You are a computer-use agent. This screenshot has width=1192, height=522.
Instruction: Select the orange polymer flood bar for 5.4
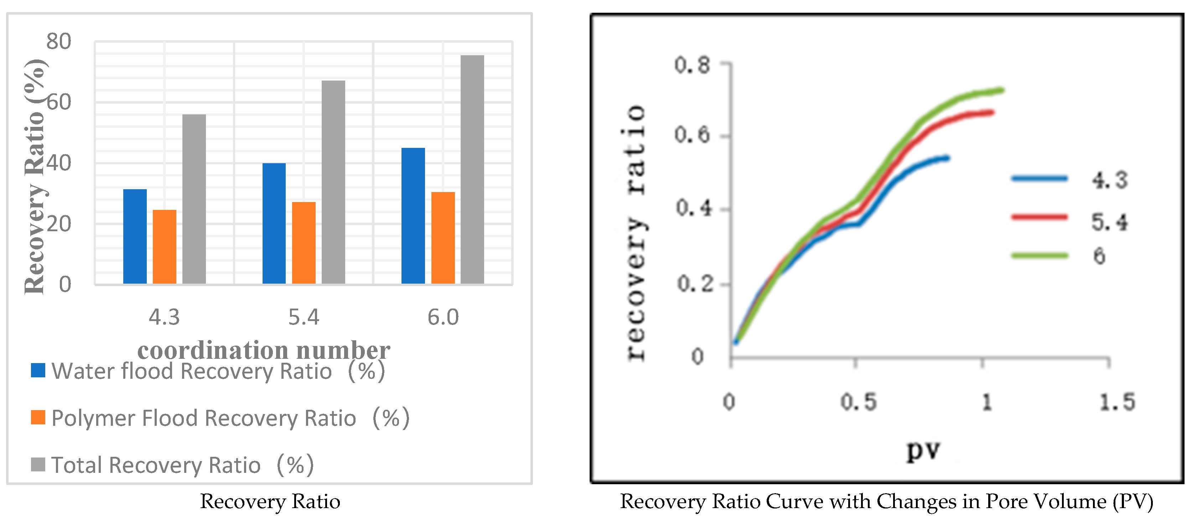click(x=304, y=243)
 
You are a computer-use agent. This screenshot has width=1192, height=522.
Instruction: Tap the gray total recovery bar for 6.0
click(x=472, y=169)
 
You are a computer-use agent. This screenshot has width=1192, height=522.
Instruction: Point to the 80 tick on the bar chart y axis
click(x=59, y=42)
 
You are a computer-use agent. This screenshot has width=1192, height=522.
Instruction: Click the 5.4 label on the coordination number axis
click(x=304, y=317)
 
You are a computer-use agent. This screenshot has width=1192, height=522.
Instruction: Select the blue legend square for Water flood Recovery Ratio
click(x=38, y=370)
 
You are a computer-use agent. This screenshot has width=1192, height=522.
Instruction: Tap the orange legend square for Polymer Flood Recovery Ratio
click(x=38, y=417)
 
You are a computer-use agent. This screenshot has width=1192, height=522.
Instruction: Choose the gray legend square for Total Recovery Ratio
click(x=38, y=464)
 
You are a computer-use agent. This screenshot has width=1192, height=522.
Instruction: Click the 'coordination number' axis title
click(x=264, y=350)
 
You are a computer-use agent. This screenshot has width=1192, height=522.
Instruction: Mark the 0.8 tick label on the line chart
click(x=692, y=65)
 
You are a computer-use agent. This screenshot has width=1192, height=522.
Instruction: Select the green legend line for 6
click(x=1039, y=255)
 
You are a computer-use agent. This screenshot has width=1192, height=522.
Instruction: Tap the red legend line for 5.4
click(x=1039, y=217)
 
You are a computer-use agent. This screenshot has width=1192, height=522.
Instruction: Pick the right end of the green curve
click(x=1002, y=90)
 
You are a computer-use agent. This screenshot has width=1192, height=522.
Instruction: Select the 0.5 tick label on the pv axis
click(x=858, y=402)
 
